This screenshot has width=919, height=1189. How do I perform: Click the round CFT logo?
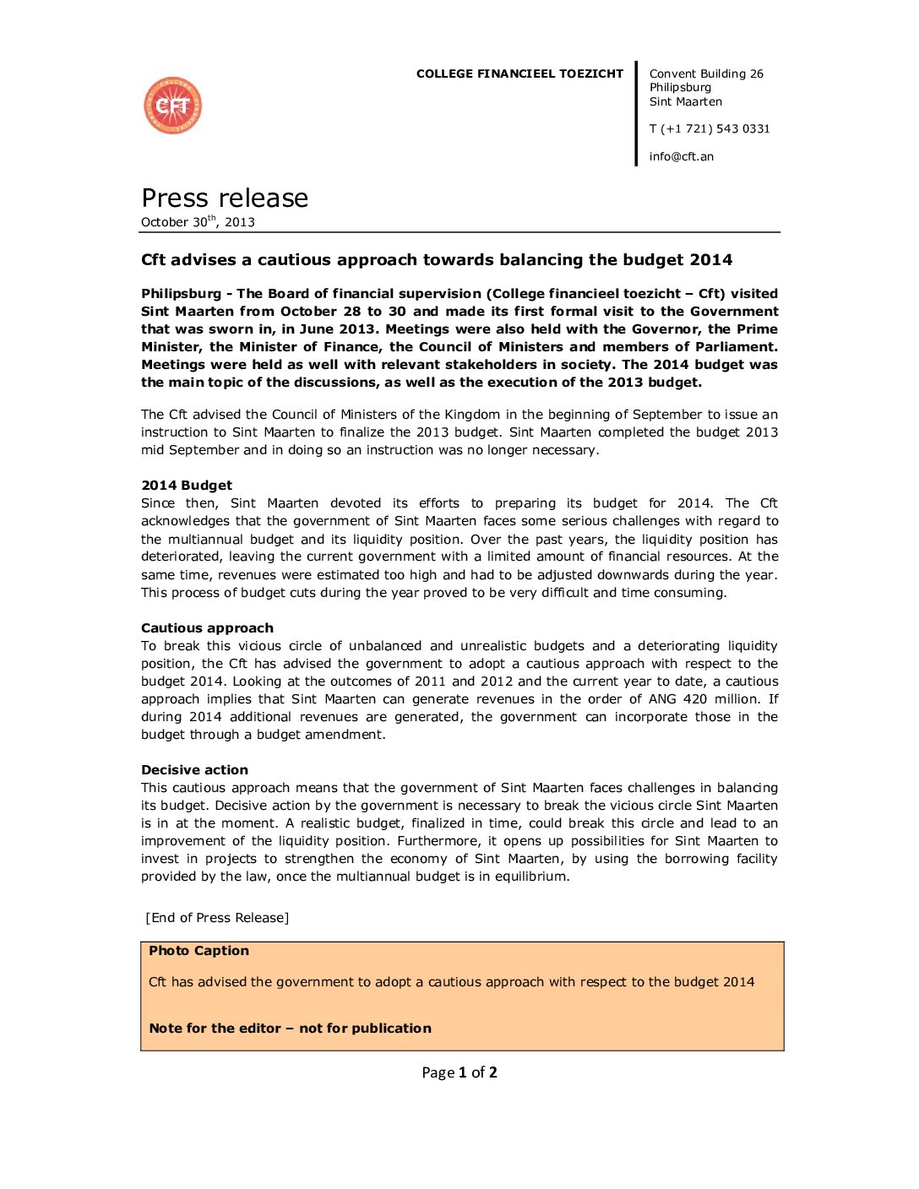click(x=173, y=106)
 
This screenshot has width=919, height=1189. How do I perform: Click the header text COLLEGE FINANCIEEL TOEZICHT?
click(x=519, y=74)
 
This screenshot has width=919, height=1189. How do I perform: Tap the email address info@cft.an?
click(x=681, y=156)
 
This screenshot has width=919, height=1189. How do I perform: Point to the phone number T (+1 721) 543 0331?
click(x=710, y=129)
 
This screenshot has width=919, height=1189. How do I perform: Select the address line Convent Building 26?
click(x=706, y=74)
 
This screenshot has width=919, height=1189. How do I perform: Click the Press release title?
click(x=225, y=198)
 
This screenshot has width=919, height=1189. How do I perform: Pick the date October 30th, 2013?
click(x=198, y=222)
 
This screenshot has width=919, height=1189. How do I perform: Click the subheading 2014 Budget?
click(x=187, y=486)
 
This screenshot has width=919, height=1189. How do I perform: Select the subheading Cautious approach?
click(x=207, y=628)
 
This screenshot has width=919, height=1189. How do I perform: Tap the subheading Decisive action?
click(x=194, y=770)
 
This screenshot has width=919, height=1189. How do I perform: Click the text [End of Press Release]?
click(x=217, y=918)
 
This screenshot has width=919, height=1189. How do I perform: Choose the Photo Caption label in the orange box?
click(x=198, y=951)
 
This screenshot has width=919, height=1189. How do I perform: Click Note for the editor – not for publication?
click(x=290, y=1029)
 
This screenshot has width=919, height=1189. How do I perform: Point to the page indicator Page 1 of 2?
click(x=459, y=1072)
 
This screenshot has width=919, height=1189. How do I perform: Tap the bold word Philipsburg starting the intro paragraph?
click(x=181, y=294)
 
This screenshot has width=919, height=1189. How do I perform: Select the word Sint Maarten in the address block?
click(x=685, y=102)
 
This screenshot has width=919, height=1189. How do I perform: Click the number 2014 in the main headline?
click(x=710, y=260)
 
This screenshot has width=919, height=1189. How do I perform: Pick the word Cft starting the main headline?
click(x=153, y=260)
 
